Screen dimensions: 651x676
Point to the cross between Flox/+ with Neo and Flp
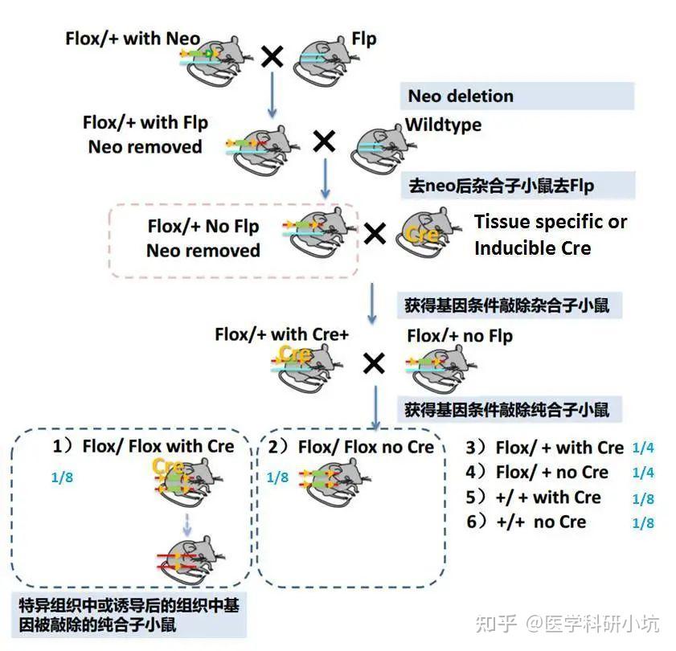click(273, 56)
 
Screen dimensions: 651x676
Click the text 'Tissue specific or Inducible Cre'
click(550, 235)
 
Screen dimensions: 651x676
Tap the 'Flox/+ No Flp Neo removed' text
click(203, 239)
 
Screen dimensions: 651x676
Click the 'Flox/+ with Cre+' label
click(281, 334)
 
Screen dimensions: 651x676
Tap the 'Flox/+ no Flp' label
click(460, 335)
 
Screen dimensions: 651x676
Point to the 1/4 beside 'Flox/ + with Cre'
click(643, 448)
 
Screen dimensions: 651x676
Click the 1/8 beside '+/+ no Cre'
click(643, 523)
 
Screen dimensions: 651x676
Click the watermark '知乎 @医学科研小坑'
click(567, 623)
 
